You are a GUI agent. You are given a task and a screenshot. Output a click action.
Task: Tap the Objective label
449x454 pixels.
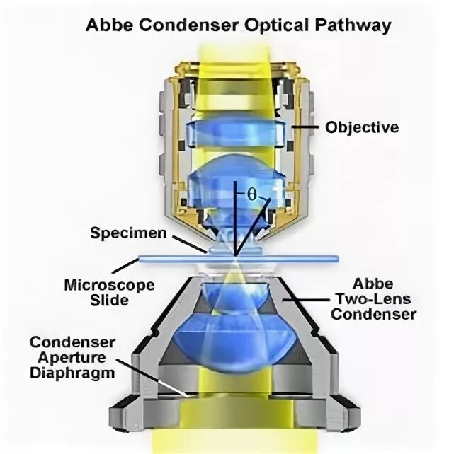click(x=361, y=127)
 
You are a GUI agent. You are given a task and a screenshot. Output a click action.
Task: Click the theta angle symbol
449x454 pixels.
click(x=251, y=193)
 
